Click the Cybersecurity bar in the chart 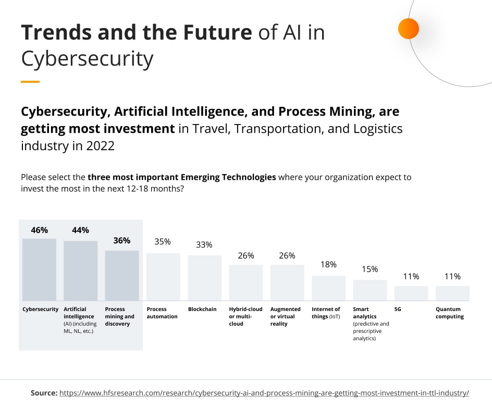(x=39, y=269)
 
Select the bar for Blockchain (x=204, y=278)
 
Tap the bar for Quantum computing (x=452, y=293)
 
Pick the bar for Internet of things (x=328, y=288)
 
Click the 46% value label (x=39, y=230)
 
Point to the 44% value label (x=80, y=230)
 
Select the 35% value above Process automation (x=163, y=242)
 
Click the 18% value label (x=328, y=264)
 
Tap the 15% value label (x=370, y=269)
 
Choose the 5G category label (x=398, y=309)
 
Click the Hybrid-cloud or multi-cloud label (x=245, y=316)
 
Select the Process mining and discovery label (x=120, y=316)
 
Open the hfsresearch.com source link (x=264, y=393)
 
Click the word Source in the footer (x=44, y=393)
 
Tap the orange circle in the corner (x=408, y=29)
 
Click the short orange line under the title (x=30, y=82)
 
